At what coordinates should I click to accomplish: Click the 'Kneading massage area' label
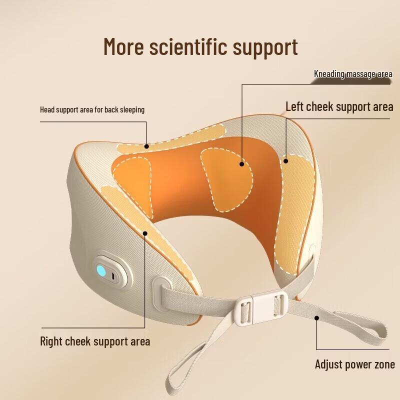coord(353,74)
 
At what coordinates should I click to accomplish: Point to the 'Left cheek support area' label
coord(339,106)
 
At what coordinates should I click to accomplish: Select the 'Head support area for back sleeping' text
coord(92,109)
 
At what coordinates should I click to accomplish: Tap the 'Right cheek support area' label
coord(95,342)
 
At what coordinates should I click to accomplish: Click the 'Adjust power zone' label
coord(354,364)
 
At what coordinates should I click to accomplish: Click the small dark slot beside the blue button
coord(114,275)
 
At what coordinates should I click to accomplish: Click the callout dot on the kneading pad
coord(241,163)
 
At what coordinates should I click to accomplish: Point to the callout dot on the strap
coord(316,317)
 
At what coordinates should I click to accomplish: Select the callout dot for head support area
coord(147,146)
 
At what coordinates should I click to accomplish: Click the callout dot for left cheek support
coord(286,160)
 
